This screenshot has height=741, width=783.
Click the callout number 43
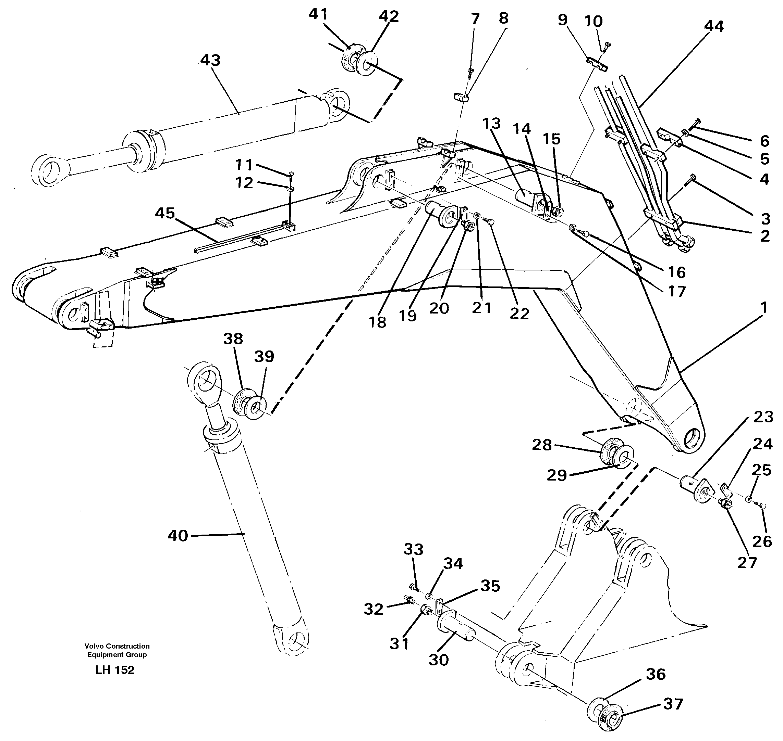pyautogui.click(x=210, y=61)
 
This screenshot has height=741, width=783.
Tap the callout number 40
pyautogui.click(x=178, y=536)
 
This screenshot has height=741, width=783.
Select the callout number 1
pyautogui.click(x=763, y=307)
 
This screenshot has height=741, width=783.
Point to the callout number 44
pyautogui.click(x=714, y=26)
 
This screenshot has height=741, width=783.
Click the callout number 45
pyautogui.click(x=164, y=213)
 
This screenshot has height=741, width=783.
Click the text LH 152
pyautogui.click(x=115, y=670)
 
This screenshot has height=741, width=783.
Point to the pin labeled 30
pyautogui.click(x=455, y=628)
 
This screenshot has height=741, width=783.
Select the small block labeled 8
pyautogui.click(x=460, y=97)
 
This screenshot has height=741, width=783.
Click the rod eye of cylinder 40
pyautogui.click(x=206, y=382)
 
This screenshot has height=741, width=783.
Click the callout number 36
pyautogui.click(x=655, y=674)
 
